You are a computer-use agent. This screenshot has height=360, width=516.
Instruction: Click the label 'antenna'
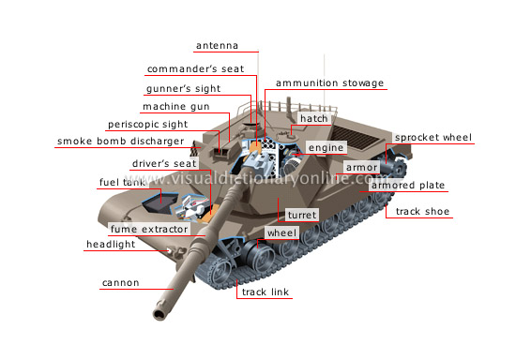(218, 45)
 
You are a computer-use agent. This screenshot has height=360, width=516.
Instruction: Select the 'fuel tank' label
(122, 183)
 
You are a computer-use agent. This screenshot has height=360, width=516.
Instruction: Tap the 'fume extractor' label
(149, 229)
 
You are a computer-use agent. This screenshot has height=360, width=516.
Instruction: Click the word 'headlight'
(111, 245)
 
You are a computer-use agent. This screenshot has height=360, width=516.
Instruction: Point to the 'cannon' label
(121, 282)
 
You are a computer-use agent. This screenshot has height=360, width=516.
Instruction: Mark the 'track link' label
(266, 292)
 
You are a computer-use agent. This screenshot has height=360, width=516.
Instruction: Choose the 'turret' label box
(302, 215)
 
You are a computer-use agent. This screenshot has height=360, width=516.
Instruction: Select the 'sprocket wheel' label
(433, 137)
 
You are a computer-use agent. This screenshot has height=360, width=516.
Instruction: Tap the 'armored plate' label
(407, 186)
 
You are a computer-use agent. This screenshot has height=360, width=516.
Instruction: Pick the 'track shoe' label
(422, 211)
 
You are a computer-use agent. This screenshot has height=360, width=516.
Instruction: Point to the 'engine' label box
(327, 148)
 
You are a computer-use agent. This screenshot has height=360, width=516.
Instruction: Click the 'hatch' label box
(312, 119)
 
